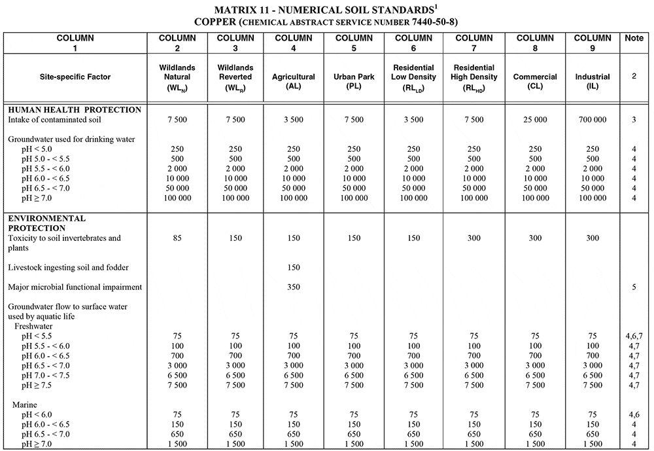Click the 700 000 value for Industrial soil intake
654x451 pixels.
592,120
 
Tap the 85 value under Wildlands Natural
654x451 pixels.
175,238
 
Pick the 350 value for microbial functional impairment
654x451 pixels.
294,287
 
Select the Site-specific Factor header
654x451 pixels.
75,77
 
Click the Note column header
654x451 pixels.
634,38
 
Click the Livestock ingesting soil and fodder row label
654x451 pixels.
69,267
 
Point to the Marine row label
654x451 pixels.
26,405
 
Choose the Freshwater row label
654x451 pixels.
33,326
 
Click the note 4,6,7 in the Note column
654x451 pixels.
634,336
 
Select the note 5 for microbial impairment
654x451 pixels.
634,287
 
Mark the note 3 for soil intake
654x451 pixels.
634,120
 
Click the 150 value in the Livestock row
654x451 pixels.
294,267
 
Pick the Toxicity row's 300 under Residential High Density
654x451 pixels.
475,238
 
